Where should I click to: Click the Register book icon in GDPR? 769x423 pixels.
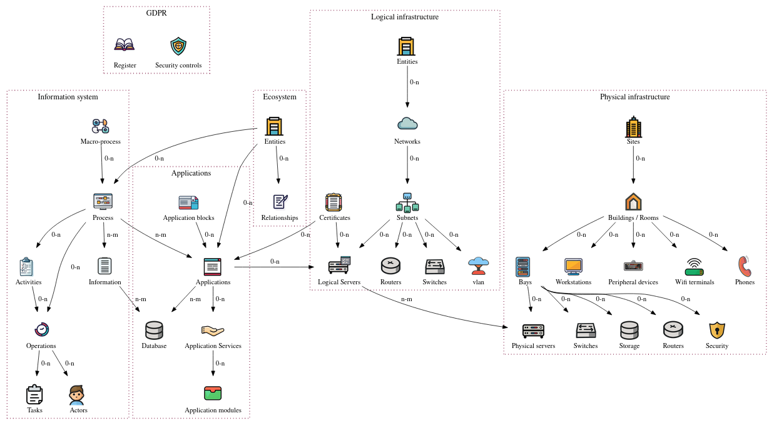125,46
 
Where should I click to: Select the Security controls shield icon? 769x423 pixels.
178,46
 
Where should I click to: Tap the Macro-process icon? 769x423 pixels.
101,126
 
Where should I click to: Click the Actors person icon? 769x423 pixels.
77,395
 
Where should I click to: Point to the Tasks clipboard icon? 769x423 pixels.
34,395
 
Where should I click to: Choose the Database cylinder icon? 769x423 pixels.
154,330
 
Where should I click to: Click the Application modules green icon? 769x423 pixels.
213,394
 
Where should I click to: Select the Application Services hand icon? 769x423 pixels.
213,330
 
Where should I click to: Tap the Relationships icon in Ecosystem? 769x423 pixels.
280,202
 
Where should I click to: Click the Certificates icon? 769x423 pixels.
334,202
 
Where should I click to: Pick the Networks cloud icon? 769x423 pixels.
407,124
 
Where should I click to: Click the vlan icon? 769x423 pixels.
479,266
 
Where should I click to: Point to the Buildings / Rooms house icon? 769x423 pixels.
633,202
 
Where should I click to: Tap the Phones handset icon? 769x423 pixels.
744,266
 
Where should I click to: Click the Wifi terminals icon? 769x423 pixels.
695,267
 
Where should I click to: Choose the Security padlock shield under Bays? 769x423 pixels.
717,330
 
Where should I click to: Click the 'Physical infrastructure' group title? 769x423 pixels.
634,97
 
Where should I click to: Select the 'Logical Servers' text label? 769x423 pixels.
339,282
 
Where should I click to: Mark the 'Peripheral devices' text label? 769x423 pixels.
633,282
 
